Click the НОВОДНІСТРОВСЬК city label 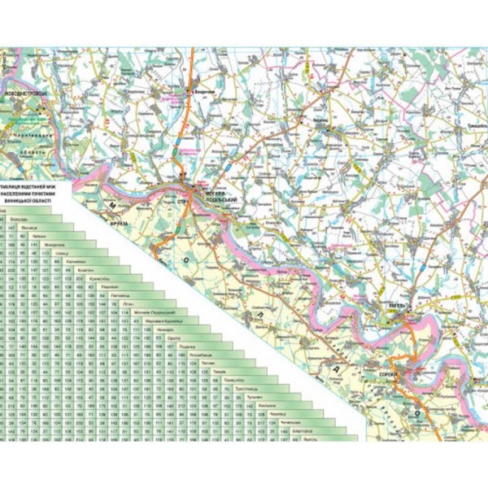(28, 95)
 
